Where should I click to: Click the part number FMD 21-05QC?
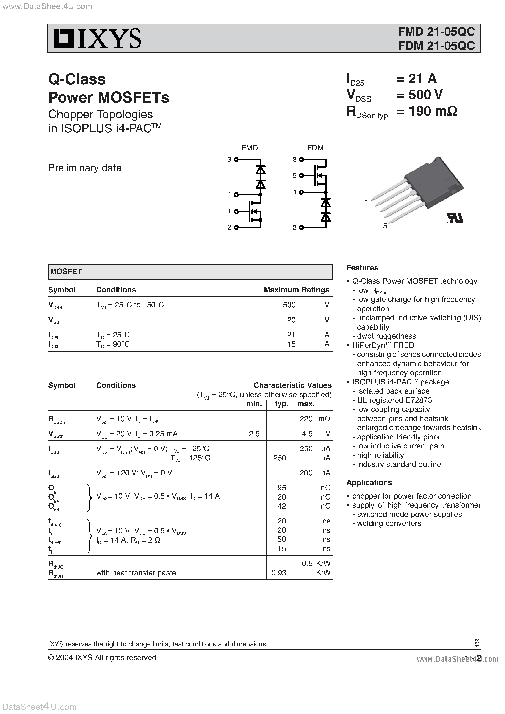click(x=436, y=32)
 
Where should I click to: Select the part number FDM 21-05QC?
click(x=436, y=46)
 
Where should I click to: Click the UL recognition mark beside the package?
click(x=455, y=218)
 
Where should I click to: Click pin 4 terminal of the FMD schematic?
click(x=236, y=195)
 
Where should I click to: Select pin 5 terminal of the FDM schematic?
click(x=301, y=175)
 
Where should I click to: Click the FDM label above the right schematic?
click(x=315, y=148)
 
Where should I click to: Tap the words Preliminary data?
click(x=85, y=168)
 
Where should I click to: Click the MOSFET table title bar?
click(x=190, y=272)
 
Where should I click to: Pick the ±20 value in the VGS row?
click(x=289, y=320)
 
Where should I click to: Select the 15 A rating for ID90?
click(x=291, y=344)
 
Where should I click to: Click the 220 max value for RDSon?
click(x=306, y=419)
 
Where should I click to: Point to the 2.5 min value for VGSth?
click(x=254, y=434)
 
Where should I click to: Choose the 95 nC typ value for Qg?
click(x=282, y=488)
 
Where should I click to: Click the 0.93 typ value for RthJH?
click(x=279, y=573)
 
